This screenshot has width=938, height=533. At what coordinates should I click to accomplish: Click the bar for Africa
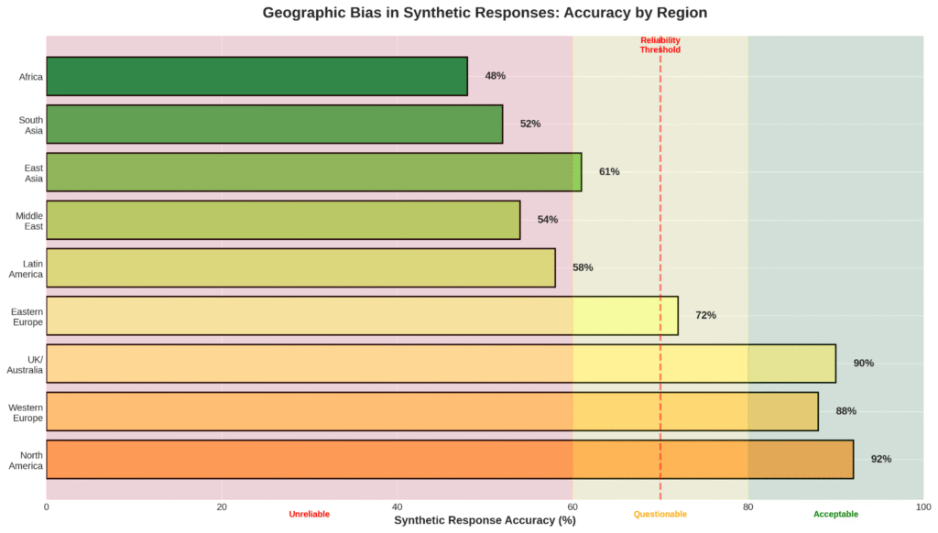256,76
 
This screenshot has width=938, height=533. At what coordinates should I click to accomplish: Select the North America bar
449,459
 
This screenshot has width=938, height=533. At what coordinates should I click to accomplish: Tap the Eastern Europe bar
362,315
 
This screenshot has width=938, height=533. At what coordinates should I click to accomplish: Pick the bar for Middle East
283,220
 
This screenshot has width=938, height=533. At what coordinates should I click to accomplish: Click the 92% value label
881,459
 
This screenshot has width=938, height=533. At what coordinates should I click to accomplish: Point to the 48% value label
496,76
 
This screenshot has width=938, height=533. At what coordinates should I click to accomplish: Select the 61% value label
609,172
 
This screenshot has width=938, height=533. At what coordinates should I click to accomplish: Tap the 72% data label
705,315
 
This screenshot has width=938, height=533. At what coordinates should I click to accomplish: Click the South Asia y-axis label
31,125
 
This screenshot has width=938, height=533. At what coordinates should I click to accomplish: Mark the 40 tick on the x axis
397,506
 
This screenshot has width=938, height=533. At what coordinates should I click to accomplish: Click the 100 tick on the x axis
922,506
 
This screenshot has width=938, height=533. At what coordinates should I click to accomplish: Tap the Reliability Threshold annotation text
660,45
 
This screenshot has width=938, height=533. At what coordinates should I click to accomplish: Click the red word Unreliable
309,515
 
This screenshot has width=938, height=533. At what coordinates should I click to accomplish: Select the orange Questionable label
660,515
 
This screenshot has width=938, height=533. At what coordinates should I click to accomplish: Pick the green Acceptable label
835,515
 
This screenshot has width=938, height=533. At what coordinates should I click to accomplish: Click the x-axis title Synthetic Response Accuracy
485,520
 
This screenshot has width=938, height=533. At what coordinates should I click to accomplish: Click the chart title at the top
485,13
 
